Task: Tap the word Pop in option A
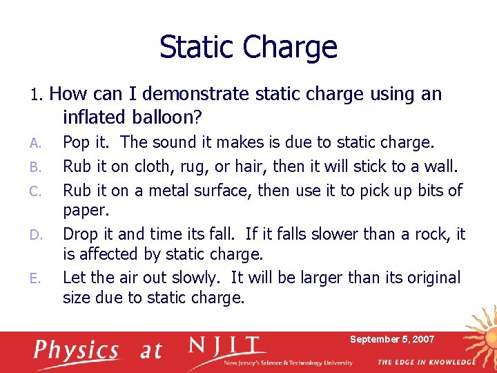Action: coord(76,143)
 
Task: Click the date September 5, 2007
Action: coord(392,339)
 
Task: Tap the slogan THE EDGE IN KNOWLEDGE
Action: coord(427,362)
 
